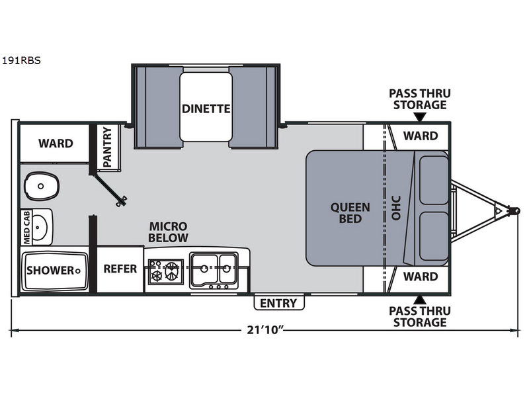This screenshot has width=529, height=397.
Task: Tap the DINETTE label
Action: point(206,109)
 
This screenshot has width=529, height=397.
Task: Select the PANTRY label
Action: point(107,148)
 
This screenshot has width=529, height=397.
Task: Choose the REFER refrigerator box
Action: point(120,269)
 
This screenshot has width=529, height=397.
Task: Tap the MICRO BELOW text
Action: point(168,232)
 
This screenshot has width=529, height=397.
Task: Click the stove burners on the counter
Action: point(165,271)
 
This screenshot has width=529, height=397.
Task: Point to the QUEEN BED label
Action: point(350,212)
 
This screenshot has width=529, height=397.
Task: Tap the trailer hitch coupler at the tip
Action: point(513,210)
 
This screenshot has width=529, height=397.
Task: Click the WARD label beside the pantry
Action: point(56,143)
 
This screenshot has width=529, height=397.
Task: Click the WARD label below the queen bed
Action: point(421,276)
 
